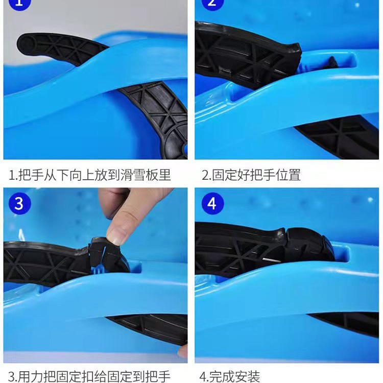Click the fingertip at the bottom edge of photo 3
(x=183, y=351)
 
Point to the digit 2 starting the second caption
(x=205, y=175)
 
